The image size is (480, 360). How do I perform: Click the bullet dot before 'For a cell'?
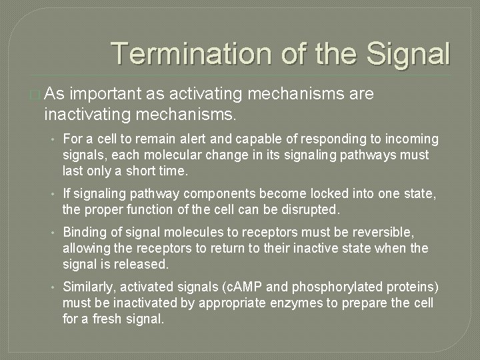52,139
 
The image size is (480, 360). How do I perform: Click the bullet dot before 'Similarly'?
52,287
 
